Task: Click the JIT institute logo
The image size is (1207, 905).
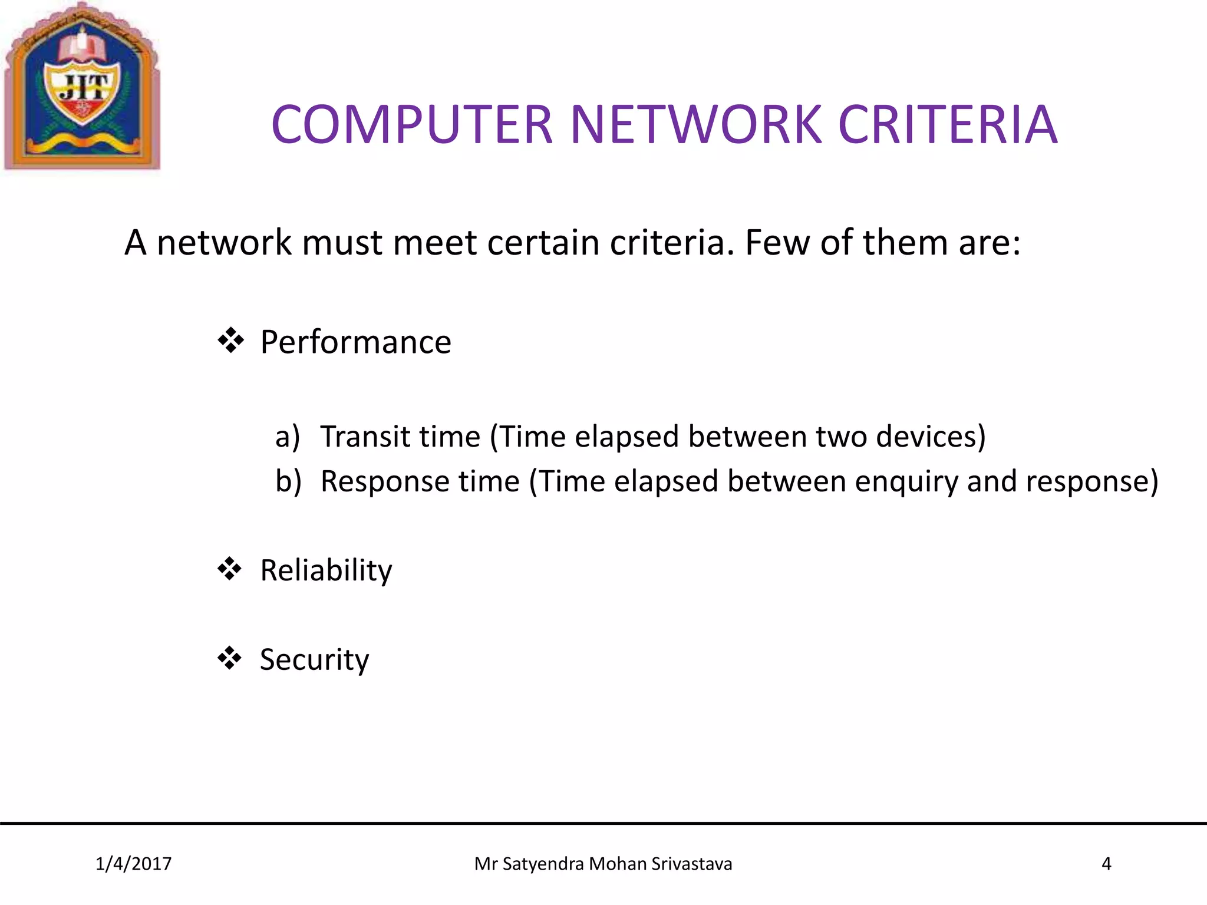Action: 82,87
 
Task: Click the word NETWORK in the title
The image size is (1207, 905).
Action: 695,124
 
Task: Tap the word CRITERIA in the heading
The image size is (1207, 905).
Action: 948,124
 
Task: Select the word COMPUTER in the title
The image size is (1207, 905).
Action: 411,124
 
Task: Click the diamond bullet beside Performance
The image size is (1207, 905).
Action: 230,341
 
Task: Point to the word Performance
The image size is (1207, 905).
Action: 355,342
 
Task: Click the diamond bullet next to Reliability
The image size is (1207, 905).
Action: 230,569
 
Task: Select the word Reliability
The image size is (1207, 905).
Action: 326,570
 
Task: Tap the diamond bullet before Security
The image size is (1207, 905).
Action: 230,658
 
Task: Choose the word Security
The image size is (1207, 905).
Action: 314,659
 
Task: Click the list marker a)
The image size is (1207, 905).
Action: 288,437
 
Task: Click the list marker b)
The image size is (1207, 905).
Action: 288,481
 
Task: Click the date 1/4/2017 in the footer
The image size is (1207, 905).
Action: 134,864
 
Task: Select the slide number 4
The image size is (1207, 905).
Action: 1106,864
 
